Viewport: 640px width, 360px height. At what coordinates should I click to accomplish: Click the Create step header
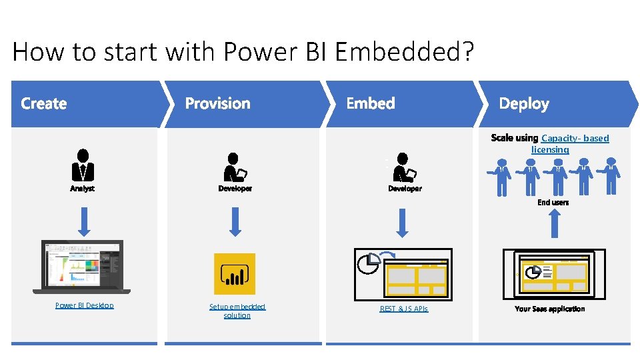point(44,103)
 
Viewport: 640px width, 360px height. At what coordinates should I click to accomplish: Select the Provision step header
point(217,103)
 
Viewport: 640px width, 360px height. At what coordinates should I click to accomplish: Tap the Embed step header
point(371,103)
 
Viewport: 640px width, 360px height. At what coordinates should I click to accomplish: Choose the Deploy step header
point(524,103)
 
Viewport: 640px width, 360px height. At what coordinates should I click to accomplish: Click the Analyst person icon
point(83,165)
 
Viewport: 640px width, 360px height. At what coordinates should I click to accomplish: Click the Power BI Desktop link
point(84,305)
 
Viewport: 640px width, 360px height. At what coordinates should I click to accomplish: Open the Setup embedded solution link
point(237,311)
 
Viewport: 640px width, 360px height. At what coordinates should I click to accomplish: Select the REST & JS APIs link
point(404,309)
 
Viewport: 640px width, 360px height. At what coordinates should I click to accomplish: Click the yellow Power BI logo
point(234,273)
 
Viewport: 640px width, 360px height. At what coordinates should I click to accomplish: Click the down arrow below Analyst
point(84,221)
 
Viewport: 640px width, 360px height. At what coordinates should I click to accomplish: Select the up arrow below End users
point(553,223)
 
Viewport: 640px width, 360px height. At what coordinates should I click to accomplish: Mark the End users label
point(553,202)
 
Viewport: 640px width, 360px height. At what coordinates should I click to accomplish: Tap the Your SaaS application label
point(550,309)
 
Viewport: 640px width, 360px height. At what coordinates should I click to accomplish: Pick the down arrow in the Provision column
point(235,221)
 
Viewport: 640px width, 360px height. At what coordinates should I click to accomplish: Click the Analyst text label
point(83,189)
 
